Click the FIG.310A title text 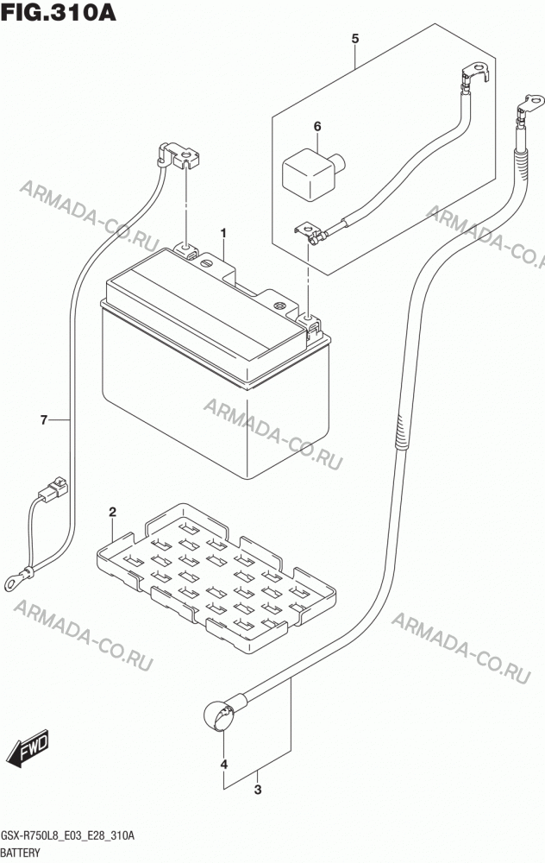click(x=59, y=11)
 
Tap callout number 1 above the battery click(x=224, y=234)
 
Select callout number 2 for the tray click(x=113, y=513)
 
